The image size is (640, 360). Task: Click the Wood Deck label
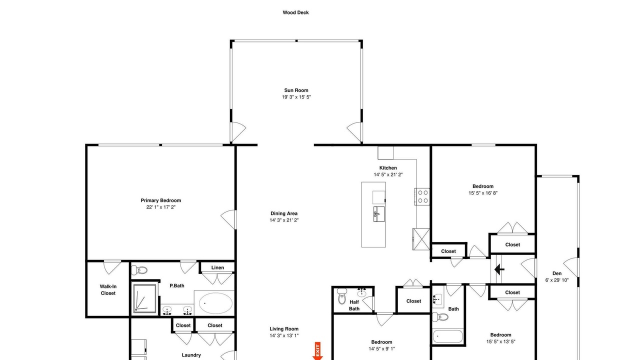pos(295,12)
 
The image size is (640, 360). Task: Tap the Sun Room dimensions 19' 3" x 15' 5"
pos(296,97)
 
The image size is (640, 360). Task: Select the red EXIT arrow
pos(317,351)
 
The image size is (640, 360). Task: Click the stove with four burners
pos(422,196)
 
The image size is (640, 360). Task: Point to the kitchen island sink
pos(379,214)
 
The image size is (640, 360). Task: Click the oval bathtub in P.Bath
pos(215,303)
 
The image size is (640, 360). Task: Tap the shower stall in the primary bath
pos(145,298)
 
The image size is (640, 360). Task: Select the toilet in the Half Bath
pos(341,296)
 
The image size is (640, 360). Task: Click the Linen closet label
pos(217,267)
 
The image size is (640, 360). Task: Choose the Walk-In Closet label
pos(108,289)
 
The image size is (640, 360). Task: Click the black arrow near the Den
pos(499,269)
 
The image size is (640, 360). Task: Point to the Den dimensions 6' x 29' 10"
pos(557,280)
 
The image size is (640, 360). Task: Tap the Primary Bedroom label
pos(161,200)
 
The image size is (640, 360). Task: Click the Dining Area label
pos(284,213)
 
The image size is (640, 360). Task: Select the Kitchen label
pos(388,168)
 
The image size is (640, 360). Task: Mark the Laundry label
pos(191,355)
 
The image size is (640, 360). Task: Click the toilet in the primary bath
pos(139,269)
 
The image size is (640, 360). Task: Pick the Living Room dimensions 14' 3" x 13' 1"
pos(284,335)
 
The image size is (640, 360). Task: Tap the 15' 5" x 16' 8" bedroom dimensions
pos(483,193)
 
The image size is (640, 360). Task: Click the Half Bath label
pos(354,305)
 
